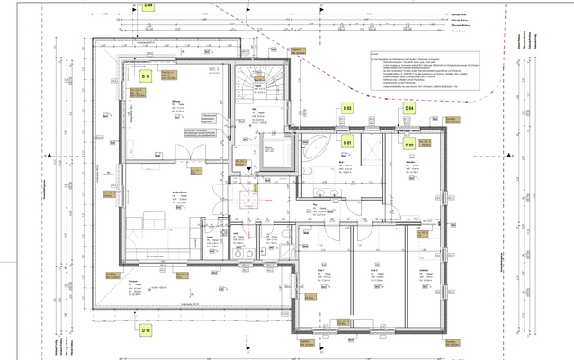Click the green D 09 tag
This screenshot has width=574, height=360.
(148, 4)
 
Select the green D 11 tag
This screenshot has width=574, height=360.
(144, 77)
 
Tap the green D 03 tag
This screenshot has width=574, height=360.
(347, 108)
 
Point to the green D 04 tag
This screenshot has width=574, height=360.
(409, 108)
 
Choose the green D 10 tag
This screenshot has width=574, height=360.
(145, 330)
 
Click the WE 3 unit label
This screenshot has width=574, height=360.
(212, 69)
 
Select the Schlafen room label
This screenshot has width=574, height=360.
(423, 269)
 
